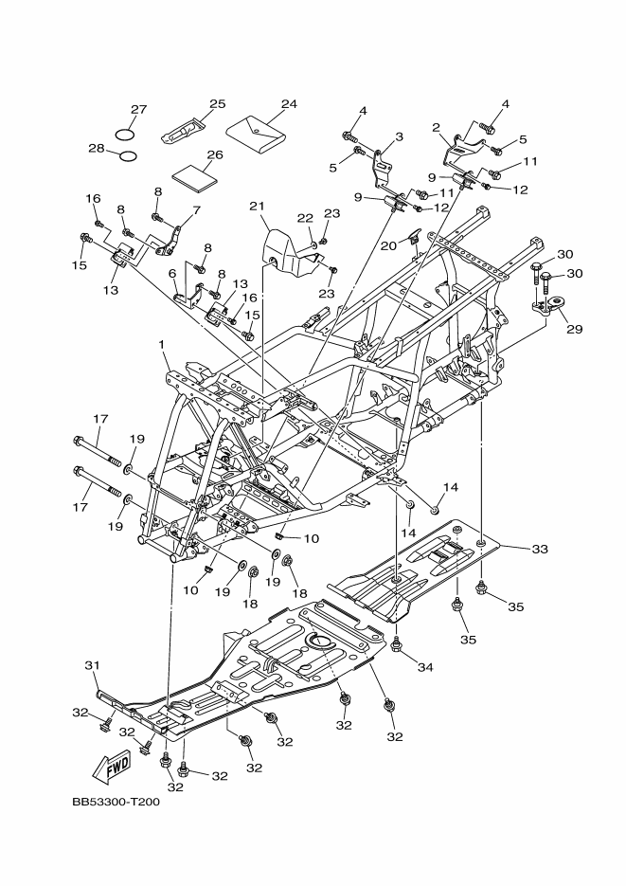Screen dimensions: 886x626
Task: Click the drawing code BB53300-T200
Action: click(x=116, y=802)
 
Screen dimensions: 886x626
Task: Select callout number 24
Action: click(x=288, y=103)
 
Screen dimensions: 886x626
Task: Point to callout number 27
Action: click(x=138, y=109)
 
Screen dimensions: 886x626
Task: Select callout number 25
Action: click(x=217, y=103)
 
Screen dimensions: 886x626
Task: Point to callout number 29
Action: click(x=574, y=330)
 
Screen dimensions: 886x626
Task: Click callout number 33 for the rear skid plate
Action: click(x=540, y=548)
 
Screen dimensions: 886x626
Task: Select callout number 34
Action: click(x=425, y=667)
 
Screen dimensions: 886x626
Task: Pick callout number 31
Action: click(x=92, y=665)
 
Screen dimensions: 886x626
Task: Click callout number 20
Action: click(x=388, y=244)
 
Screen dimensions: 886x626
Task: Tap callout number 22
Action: click(x=305, y=219)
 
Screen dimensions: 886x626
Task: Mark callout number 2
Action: click(x=437, y=127)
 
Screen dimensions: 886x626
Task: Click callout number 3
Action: click(x=399, y=136)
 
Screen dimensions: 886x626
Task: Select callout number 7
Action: click(x=196, y=210)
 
